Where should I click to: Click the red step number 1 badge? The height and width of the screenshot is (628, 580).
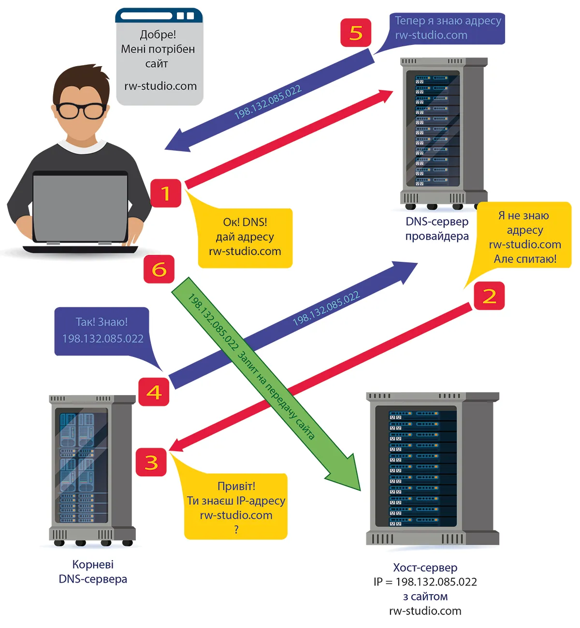(166, 193)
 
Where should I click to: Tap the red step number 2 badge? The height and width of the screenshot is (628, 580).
(489, 296)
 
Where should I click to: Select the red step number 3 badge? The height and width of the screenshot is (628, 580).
(151, 462)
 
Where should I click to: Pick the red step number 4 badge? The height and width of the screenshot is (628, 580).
(154, 391)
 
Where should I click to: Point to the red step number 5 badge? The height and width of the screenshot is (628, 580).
(356, 33)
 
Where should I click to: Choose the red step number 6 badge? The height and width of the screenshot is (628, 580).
(159, 269)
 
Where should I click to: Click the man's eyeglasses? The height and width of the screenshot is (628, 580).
(81, 111)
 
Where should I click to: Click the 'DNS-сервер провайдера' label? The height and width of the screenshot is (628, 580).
(437, 229)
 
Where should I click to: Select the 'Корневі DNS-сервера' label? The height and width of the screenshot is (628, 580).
(93, 571)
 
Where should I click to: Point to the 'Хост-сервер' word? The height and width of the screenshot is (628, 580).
(425, 568)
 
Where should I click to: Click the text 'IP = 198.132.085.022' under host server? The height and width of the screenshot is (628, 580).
(425, 582)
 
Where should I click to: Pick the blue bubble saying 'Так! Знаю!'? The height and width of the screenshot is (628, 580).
(102, 331)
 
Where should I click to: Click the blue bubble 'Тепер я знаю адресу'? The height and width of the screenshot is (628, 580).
(447, 28)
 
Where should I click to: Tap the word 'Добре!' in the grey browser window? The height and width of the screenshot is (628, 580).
(158, 35)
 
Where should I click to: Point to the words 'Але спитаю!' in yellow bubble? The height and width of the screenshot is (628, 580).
(525, 259)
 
